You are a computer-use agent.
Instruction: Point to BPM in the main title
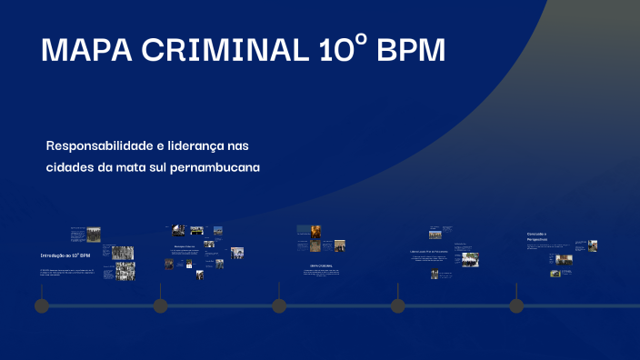[x=411, y=52]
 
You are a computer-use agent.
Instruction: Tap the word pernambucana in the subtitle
[x=215, y=167]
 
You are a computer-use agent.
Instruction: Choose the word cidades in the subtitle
[x=70, y=167]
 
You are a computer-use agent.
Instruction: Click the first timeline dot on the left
[x=41, y=305]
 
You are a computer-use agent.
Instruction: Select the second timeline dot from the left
[x=160, y=305]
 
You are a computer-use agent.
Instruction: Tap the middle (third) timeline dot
[x=279, y=305]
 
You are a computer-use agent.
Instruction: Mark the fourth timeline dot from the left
[x=397, y=305]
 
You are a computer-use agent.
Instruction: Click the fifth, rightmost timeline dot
[x=516, y=305]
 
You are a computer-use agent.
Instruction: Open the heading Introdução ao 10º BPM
[x=65, y=255]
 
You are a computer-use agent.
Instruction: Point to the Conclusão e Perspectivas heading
[x=537, y=236]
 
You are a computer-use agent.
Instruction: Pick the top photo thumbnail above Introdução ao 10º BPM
[x=94, y=234]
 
